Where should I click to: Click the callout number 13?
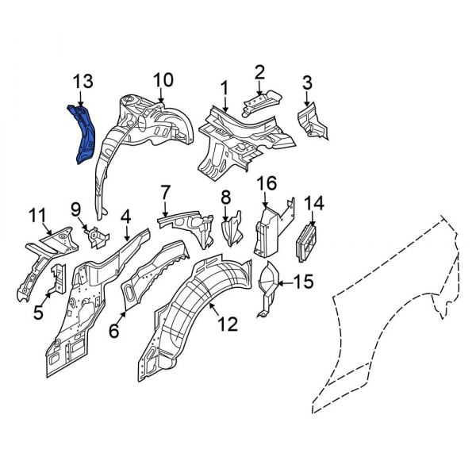[83, 81]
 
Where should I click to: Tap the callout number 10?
[162, 80]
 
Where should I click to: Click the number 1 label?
[225, 87]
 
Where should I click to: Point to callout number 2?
[259, 73]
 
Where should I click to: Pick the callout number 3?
[307, 83]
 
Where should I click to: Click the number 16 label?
[267, 184]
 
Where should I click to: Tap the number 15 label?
[305, 281]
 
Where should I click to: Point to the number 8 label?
[225, 197]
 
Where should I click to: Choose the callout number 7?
[165, 192]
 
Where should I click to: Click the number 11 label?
[37, 214]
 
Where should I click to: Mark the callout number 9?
[76, 209]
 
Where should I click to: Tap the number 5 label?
[38, 313]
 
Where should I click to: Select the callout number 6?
[114, 330]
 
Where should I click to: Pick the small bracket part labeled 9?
[95, 237]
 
